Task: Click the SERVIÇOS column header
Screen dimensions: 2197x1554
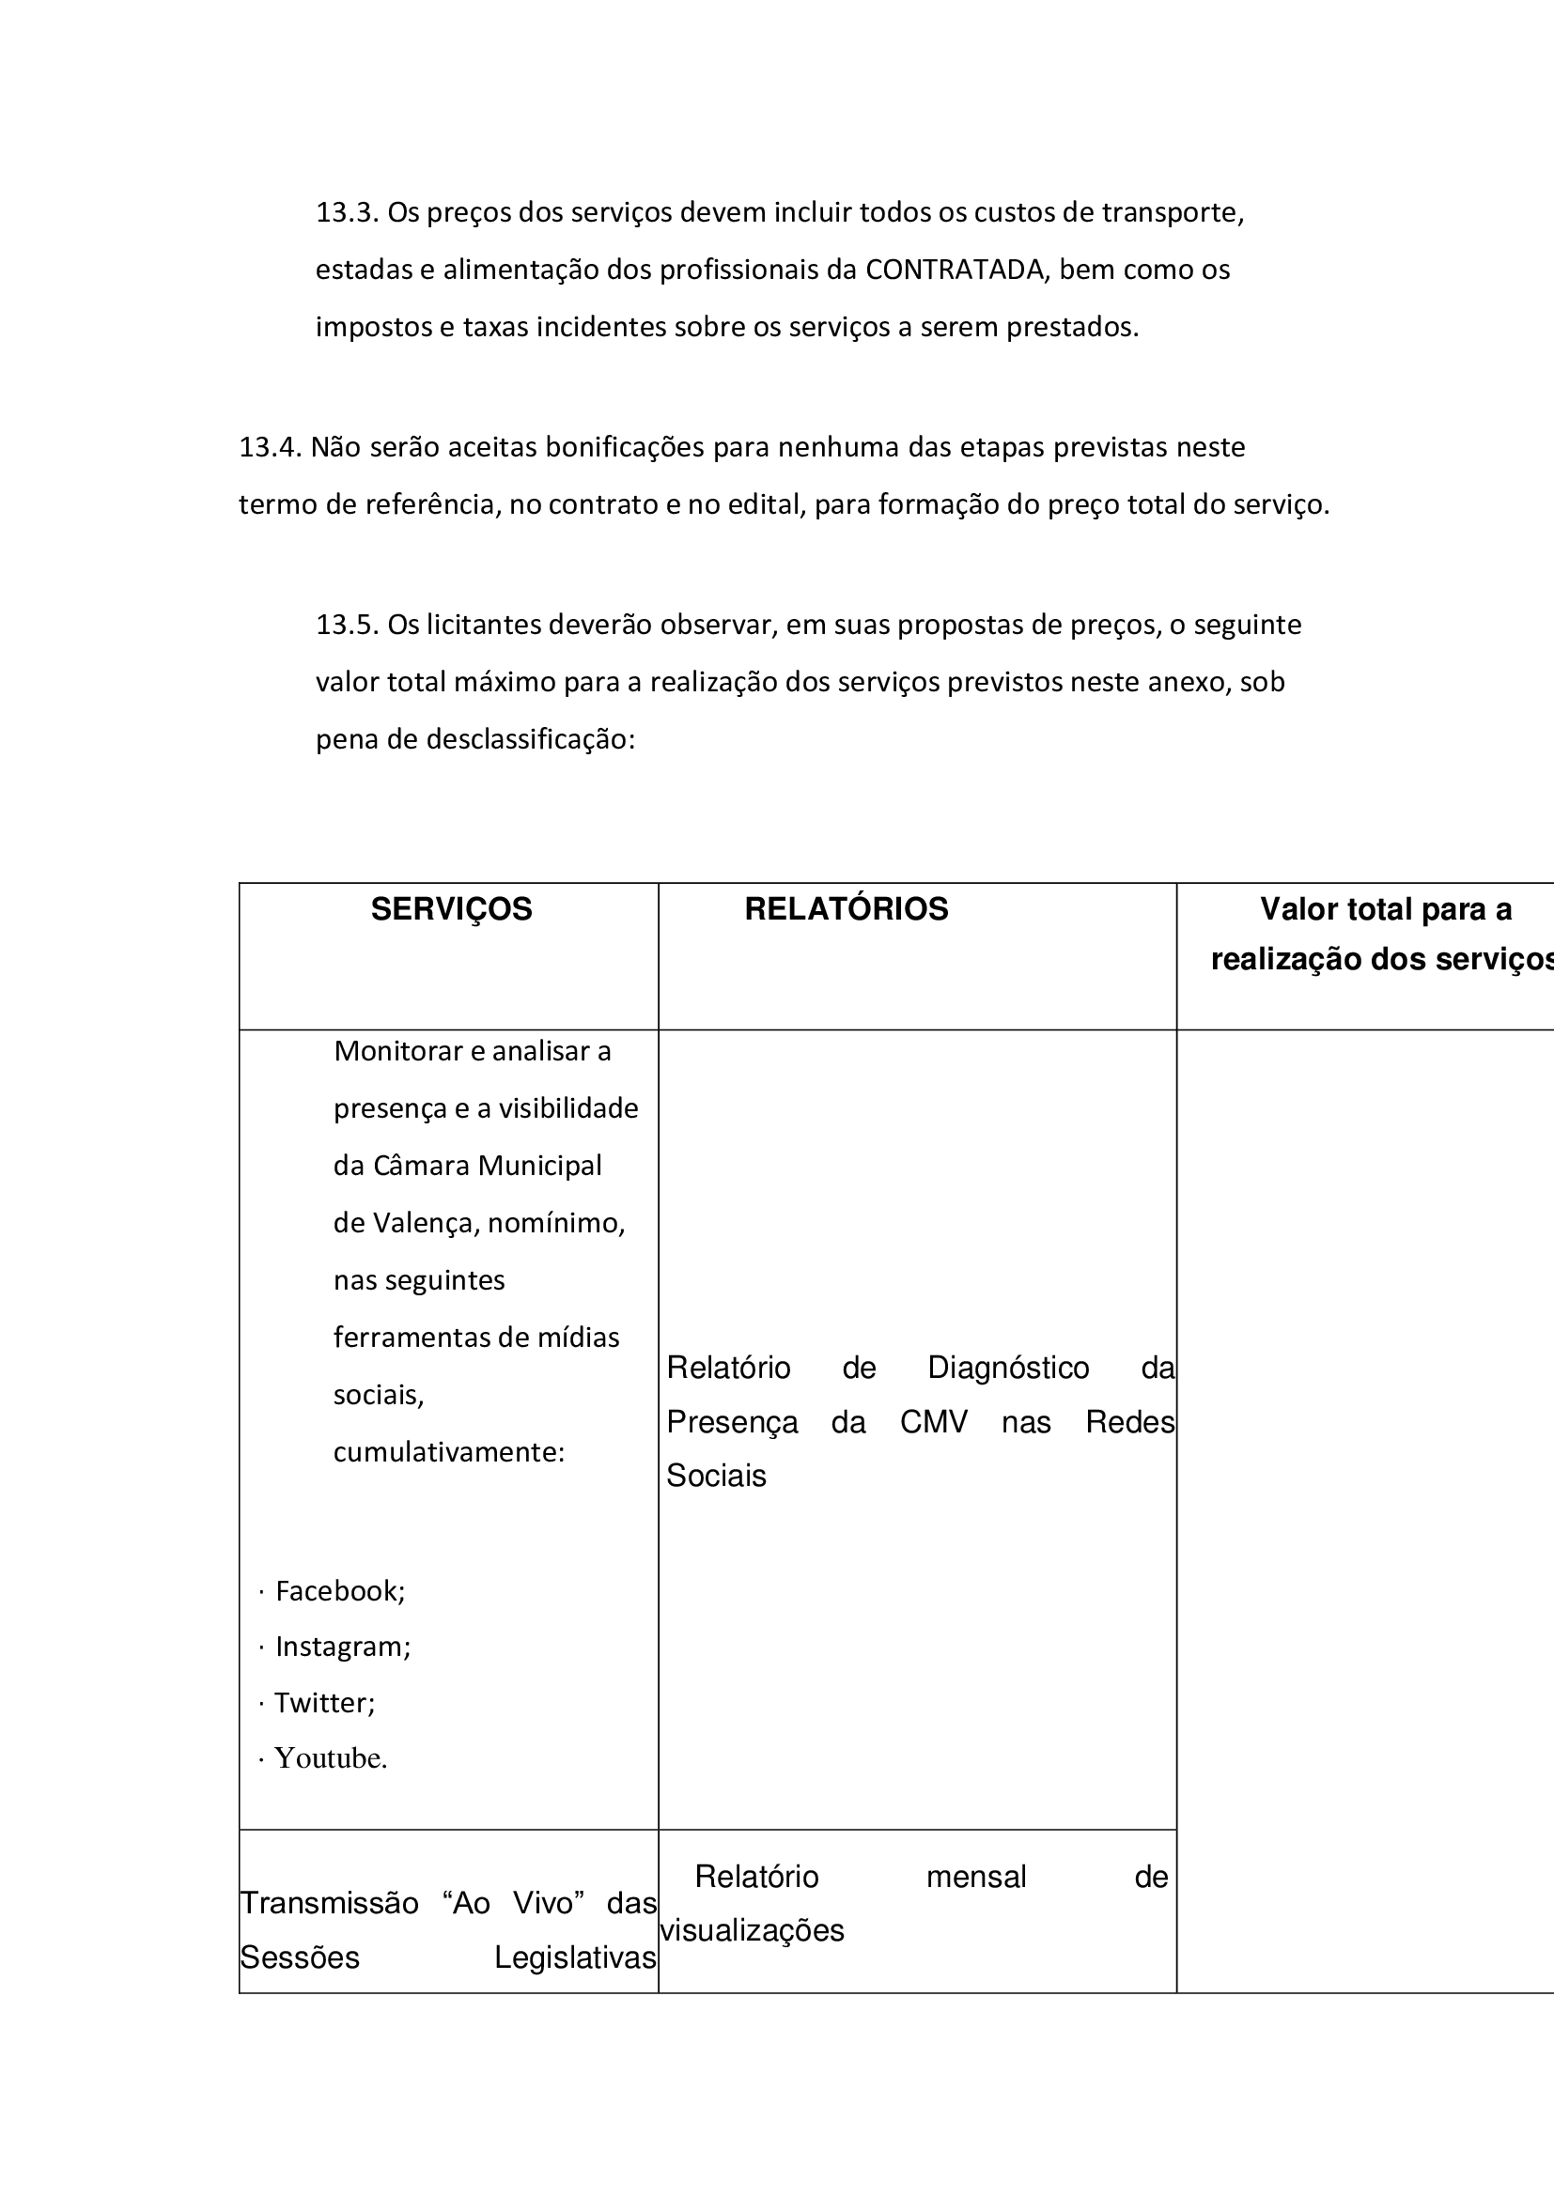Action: (451, 909)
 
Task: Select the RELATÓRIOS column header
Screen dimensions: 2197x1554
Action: (846, 909)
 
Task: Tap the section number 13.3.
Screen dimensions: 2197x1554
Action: (348, 212)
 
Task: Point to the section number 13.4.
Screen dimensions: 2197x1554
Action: (270, 447)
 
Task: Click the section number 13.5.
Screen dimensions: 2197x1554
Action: (348, 625)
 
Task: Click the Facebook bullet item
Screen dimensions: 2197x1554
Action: (340, 1590)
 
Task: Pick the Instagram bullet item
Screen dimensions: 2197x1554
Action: (343, 1646)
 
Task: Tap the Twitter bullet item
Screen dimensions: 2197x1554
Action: (324, 1702)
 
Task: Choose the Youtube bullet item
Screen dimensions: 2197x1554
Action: (330, 1757)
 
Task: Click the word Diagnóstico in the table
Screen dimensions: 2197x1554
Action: (1007, 1369)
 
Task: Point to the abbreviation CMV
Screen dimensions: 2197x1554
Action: (933, 1422)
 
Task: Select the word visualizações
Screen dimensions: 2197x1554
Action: (753, 1930)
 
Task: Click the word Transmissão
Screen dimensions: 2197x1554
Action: (329, 1903)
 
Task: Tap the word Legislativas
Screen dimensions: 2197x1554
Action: (575, 1957)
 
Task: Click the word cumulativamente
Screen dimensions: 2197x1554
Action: (449, 1451)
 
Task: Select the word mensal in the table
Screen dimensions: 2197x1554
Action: (976, 1877)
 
